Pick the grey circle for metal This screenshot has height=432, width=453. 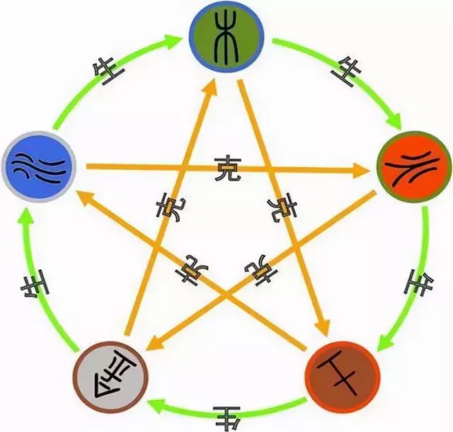tap(111, 375)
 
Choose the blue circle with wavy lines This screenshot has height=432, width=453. tap(40, 167)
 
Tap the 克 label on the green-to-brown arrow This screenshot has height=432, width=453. tap(284, 208)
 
